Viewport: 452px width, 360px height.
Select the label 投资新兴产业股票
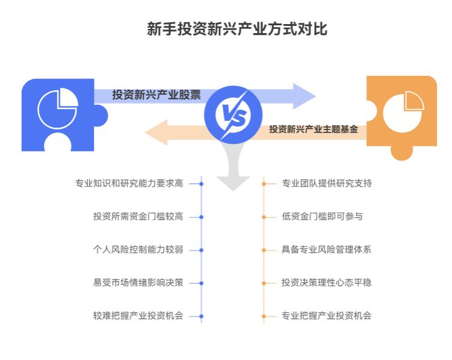coord(156,95)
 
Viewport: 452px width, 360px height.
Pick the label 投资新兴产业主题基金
coord(313,129)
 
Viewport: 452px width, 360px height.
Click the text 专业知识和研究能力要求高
coord(129,184)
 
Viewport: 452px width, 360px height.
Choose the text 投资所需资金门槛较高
coord(138,217)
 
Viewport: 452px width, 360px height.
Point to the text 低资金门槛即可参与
coord(322,217)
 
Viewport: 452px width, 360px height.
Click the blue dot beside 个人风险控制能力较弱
coord(202,250)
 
